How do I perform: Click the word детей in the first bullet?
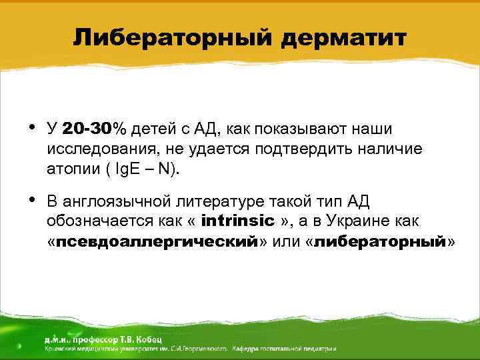click(155, 129)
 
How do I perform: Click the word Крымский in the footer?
click(62, 348)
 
